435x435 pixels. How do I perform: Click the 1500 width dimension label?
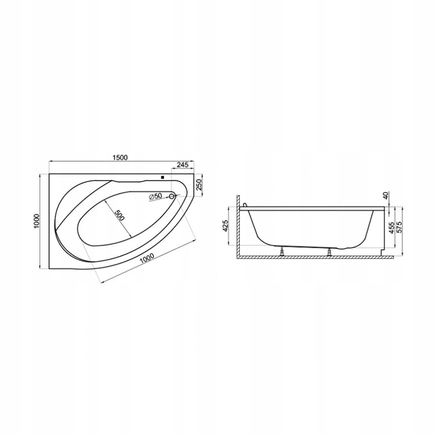[120, 157]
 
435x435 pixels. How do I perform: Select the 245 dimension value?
[183, 165]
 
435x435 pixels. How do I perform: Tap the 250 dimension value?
[199, 184]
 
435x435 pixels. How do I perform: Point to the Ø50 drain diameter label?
[155, 196]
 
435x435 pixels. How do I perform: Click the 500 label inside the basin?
[119, 215]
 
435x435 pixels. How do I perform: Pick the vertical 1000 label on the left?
[37, 221]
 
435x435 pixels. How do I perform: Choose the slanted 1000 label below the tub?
[147, 259]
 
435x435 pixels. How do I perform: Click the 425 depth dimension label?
[225, 226]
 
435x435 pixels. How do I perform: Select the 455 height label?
[391, 227]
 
